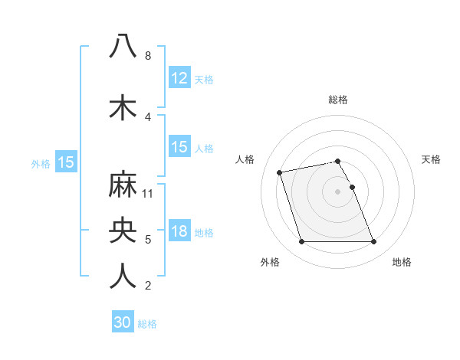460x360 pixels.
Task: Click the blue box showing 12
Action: click(179, 78)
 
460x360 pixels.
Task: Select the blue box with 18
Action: click(179, 232)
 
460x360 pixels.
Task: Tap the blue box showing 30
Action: click(123, 322)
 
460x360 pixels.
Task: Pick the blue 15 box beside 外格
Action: click(65, 162)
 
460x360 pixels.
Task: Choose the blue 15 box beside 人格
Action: click(179, 147)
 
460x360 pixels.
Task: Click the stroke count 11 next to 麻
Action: click(148, 194)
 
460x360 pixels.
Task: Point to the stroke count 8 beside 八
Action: click(148, 56)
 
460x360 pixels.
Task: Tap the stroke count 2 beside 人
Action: click(148, 286)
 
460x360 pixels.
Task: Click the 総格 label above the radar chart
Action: click(338, 100)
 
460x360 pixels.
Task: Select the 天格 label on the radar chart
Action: click(431, 159)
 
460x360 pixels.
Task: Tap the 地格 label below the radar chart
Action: click(402, 262)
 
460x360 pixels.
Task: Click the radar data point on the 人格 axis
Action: click(280, 172)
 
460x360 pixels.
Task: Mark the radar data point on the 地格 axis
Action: click(373, 242)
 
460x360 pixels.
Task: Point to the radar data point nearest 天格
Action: click(352, 187)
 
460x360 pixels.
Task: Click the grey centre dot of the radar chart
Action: click(338, 191)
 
